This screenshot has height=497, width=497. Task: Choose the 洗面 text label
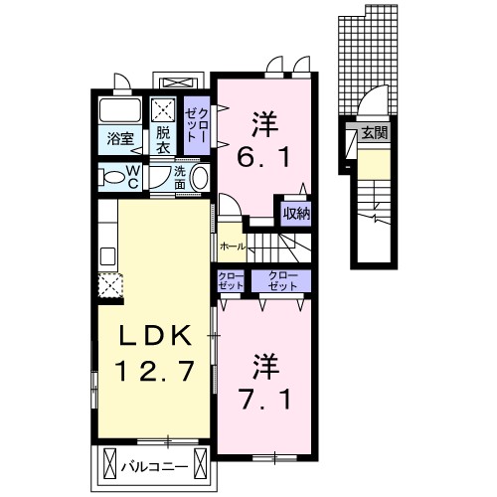click(x=179, y=178)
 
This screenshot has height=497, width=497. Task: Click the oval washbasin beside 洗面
click(x=199, y=178)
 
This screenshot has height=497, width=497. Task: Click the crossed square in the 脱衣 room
click(x=163, y=111)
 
